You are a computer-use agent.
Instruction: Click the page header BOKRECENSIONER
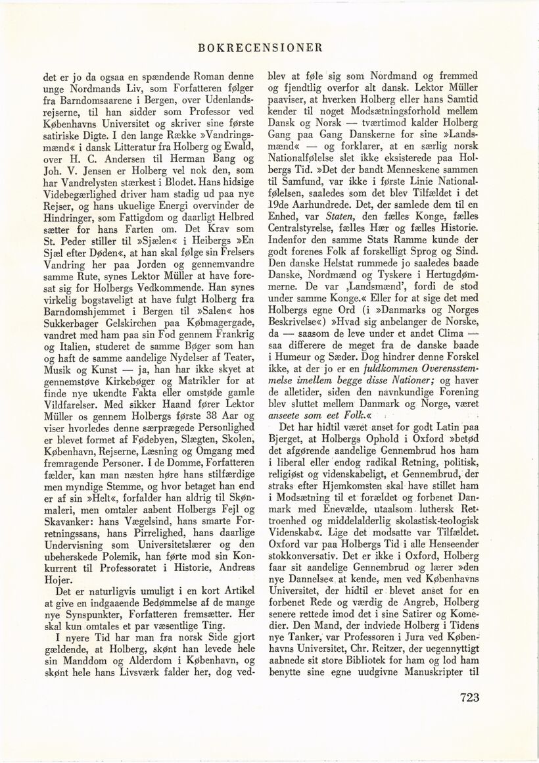(x=268, y=47)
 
